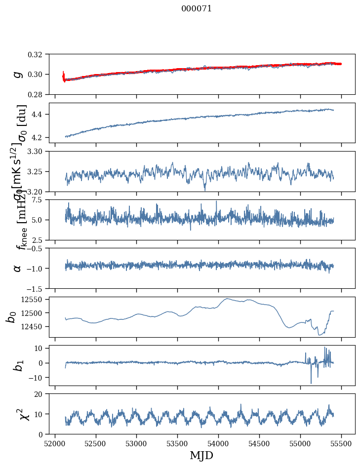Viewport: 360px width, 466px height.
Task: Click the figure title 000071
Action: pos(197,9)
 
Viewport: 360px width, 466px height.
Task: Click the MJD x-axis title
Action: pos(201,456)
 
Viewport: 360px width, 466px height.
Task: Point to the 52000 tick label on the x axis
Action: pos(55,443)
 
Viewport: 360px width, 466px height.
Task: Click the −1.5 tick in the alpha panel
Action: pos(40,288)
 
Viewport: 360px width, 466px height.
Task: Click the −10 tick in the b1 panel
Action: pos(40,378)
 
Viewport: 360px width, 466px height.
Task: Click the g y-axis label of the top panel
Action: pos(18,74)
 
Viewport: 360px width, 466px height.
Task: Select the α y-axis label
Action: pos(18,268)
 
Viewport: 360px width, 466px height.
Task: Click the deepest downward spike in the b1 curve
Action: pos(311,383)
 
